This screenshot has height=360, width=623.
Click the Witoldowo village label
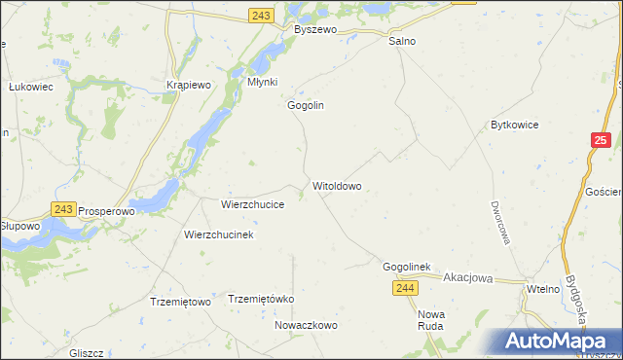pos(338,185)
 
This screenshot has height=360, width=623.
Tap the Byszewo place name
pos(315,30)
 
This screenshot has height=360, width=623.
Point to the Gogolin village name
pos(305,105)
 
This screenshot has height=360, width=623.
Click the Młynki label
pos(263,83)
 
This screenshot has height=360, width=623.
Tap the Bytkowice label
pos(515,126)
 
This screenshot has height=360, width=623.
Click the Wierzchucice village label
pos(253,205)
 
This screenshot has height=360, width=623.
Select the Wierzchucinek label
pos(219,235)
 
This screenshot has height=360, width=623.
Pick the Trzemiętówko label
pos(260,299)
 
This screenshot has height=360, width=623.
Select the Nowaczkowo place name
pos(306,326)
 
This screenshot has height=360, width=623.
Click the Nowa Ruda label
pos(430,320)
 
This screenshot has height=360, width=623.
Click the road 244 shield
pos(407,288)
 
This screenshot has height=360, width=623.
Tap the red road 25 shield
pos(601,142)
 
